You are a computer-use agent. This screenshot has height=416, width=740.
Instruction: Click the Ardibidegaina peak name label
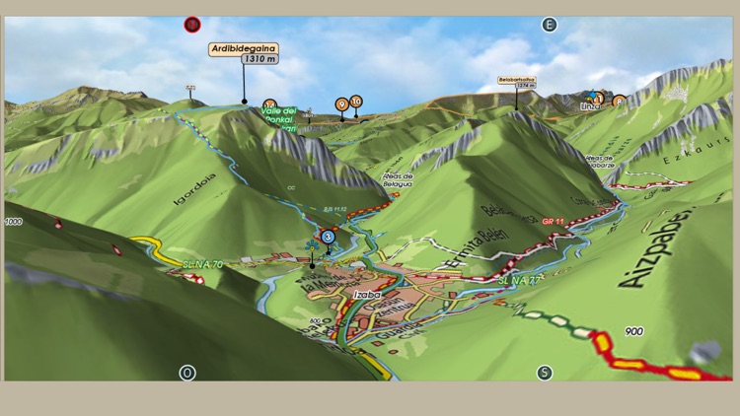[244, 47]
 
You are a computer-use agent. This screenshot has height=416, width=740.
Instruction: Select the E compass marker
[549, 25]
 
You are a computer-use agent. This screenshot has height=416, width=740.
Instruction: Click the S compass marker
[544, 373]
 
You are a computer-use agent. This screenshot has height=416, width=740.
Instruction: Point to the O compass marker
[186, 373]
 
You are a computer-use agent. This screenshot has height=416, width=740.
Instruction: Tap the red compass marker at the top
[191, 24]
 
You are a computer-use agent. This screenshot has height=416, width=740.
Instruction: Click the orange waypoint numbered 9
[341, 104]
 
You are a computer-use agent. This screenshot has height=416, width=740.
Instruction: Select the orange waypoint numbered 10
[355, 101]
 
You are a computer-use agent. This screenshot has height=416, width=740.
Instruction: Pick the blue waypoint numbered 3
[328, 237]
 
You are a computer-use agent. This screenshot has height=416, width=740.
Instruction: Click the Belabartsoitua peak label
[516, 80]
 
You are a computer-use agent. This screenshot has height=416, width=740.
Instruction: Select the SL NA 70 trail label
[202, 263]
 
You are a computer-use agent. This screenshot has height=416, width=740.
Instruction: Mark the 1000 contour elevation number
[13, 222]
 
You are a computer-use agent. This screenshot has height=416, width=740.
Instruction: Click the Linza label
[590, 104]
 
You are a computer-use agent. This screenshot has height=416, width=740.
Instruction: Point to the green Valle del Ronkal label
[278, 113]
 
